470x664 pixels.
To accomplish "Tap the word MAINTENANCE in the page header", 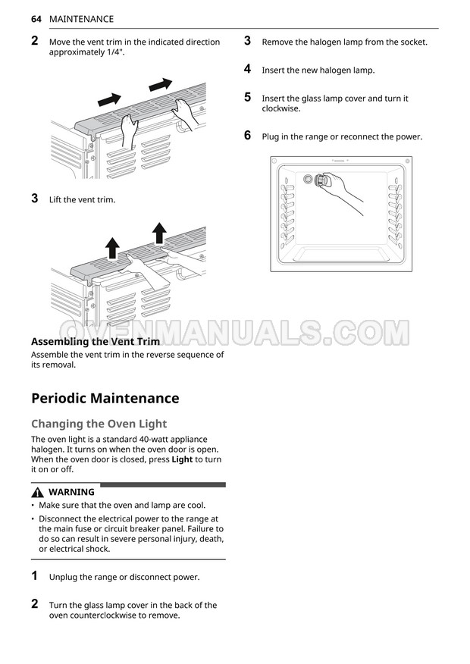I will (81, 19).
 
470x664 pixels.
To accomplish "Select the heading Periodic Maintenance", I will (105, 398).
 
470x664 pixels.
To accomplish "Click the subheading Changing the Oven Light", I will (99, 424).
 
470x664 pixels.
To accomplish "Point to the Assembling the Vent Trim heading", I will (95, 341).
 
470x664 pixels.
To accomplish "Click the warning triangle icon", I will (37, 492).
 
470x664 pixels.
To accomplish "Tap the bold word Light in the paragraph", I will (182, 459).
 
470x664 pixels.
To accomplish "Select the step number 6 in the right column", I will (247, 136).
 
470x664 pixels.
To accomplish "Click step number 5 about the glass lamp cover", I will (247, 97).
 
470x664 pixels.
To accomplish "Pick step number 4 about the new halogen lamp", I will (247, 69).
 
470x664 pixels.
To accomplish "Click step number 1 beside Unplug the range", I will (35, 576).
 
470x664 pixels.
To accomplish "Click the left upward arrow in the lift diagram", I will (112, 246).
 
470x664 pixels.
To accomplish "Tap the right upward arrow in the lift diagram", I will (159, 231).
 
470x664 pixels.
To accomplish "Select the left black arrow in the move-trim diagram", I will (111, 99).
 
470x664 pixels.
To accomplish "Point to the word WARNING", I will (71, 492).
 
